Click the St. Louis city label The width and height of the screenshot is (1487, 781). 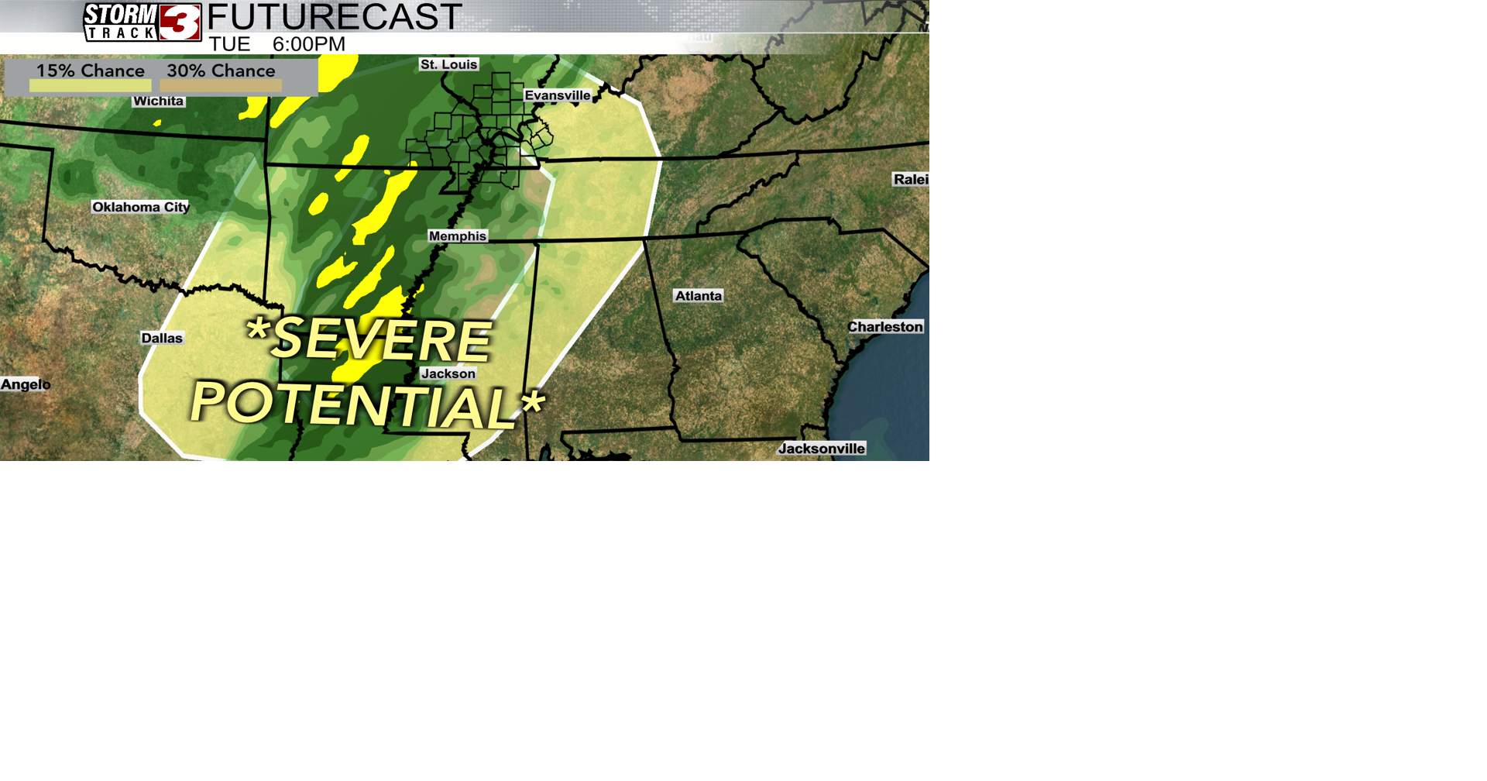(449, 64)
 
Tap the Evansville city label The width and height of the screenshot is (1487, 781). (558, 95)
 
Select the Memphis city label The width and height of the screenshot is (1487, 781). (458, 236)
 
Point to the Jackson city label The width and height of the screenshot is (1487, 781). (448, 373)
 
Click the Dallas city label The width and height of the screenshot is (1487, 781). (162, 338)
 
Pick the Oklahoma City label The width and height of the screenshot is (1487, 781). (141, 207)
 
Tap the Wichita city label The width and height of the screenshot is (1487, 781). (158, 101)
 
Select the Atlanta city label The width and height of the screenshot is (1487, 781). (699, 296)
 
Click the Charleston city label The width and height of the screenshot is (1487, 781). (885, 327)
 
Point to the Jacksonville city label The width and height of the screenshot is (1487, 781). (822, 449)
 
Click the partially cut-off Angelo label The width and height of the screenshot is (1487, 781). (26, 384)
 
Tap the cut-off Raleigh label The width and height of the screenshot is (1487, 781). (911, 180)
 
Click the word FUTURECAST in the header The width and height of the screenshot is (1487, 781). (335, 17)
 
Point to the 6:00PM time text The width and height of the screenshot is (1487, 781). (309, 44)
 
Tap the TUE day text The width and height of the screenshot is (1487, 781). (229, 44)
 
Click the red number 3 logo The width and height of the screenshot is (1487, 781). (180, 22)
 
